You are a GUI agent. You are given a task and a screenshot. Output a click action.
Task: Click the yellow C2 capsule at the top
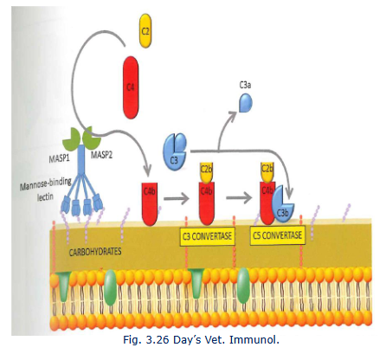click(146, 32)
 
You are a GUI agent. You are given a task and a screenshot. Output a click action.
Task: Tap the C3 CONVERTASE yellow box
click(206, 236)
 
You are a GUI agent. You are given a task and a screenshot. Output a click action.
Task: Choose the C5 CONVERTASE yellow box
click(279, 236)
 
